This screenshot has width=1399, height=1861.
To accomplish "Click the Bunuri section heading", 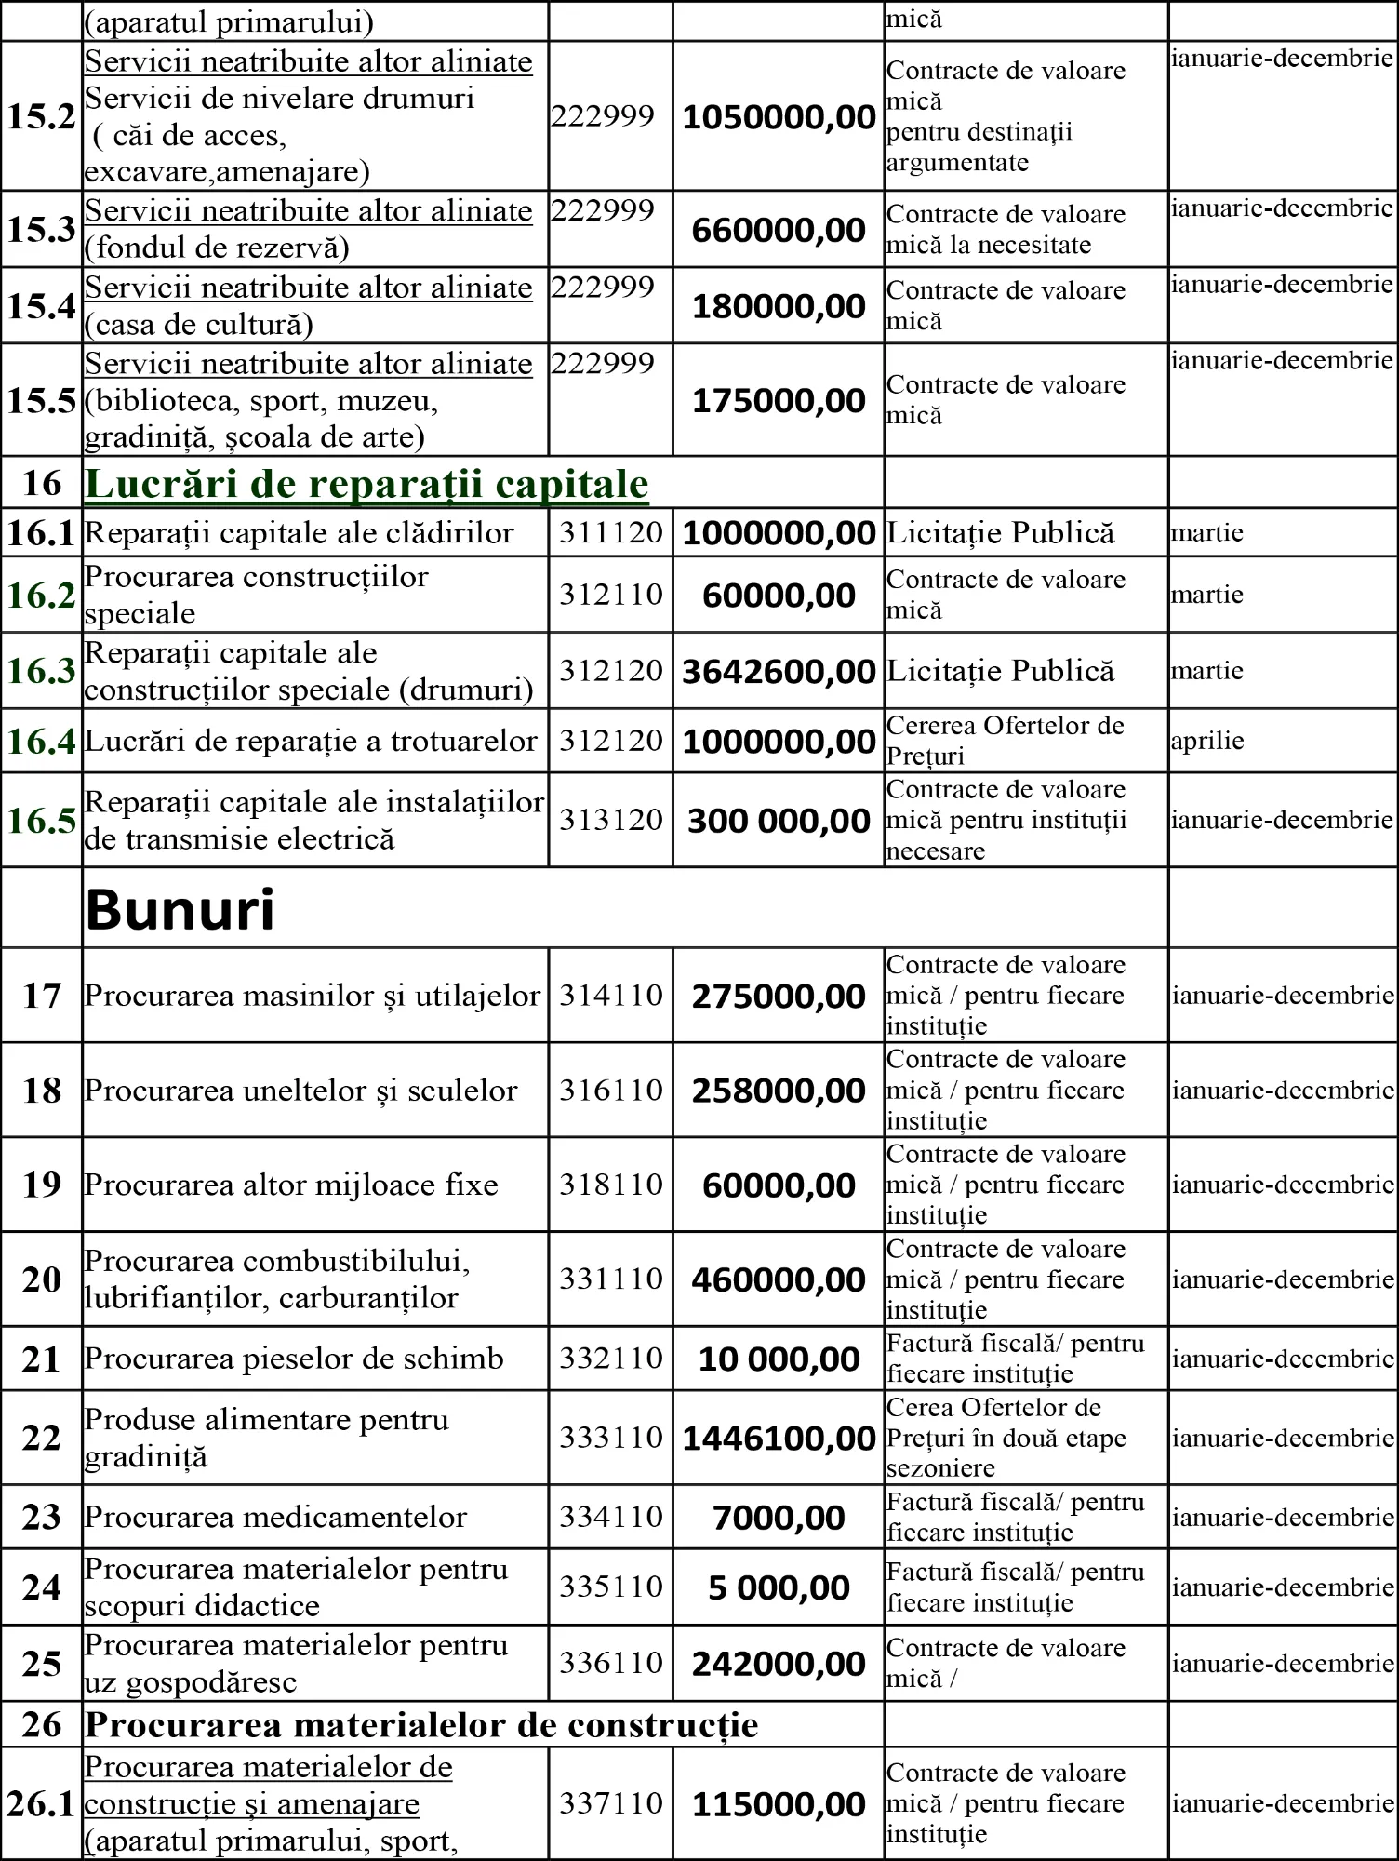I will [180, 909].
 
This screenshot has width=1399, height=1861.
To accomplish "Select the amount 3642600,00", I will [779, 672].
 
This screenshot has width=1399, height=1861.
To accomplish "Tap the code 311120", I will [610, 533].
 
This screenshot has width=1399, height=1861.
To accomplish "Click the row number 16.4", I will [41, 742].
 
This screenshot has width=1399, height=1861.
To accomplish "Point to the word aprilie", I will [1207, 742].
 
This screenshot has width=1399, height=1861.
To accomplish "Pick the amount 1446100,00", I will [779, 1439].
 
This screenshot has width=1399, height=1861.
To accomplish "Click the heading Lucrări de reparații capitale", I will [366, 484].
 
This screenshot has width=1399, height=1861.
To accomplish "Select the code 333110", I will [610, 1438].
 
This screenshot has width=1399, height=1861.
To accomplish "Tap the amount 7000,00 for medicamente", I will [779, 1518].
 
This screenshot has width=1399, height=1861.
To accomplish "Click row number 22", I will [41, 1438].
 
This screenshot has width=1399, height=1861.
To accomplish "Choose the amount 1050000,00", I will [779, 117].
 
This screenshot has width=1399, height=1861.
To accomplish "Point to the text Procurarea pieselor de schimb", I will [294, 1359].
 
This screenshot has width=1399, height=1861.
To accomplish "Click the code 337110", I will [610, 1803].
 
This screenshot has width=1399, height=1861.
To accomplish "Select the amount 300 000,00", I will [779, 821].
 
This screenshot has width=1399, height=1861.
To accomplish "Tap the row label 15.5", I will [41, 401].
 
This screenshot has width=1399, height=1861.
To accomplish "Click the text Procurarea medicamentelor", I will [275, 1518].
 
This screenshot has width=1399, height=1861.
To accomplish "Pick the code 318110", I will [610, 1185].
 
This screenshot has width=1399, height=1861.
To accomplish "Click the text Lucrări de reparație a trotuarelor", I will [311, 742].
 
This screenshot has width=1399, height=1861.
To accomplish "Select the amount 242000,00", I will [779, 1665].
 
